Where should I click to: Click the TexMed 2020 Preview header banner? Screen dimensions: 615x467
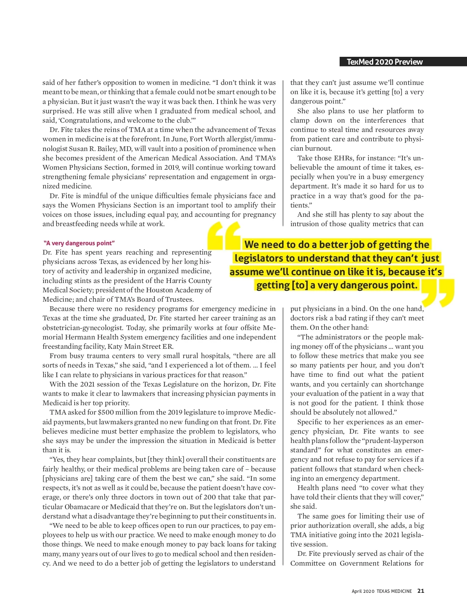pyautogui.click(x=384, y=62)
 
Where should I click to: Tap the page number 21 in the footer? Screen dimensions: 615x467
pyautogui.click(x=421, y=591)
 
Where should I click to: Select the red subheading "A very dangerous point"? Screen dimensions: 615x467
pyautogui.click(x=79, y=243)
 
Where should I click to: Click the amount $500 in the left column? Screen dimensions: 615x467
pyautogui.click(x=105, y=413)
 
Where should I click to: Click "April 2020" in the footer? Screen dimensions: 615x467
pyautogui.click(x=363, y=591)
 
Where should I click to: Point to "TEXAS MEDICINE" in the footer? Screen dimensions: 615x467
pyautogui.click(x=394, y=591)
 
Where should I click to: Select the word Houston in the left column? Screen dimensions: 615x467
pyautogui.click(x=146, y=290)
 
